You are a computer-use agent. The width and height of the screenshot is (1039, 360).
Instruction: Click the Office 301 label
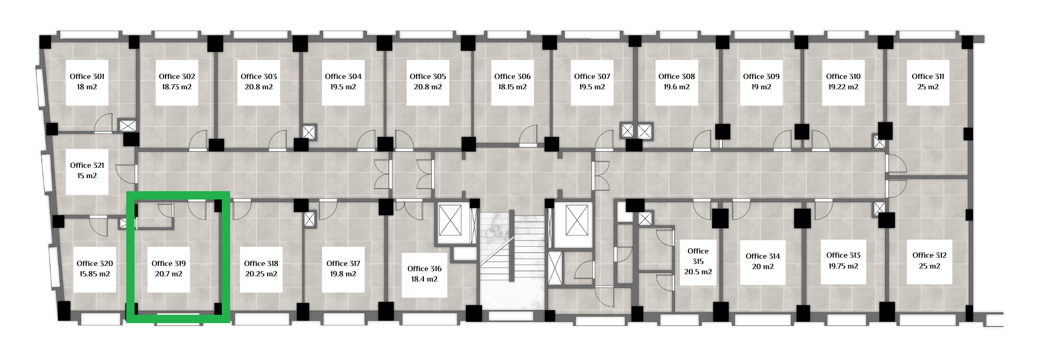(x=87, y=76)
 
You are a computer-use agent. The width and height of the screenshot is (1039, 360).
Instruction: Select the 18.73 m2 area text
(x=177, y=87)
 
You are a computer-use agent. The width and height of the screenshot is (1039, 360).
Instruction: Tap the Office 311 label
(x=928, y=76)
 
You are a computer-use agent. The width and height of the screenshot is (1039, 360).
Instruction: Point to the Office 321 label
(x=87, y=165)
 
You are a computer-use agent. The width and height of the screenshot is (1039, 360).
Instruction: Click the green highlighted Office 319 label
(x=169, y=263)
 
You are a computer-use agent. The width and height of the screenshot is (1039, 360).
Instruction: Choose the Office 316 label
(x=424, y=269)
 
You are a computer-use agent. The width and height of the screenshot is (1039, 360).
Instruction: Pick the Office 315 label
(x=698, y=256)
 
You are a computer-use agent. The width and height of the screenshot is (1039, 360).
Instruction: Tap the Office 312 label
(x=929, y=255)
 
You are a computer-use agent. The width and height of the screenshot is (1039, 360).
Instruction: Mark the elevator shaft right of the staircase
(x=577, y=220)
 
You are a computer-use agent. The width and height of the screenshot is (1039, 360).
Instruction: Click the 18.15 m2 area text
(x=512, y=87)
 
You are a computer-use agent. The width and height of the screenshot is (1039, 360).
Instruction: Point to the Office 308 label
(x=676, y=76)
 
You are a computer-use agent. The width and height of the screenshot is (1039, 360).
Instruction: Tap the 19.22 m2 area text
(x=843, y=87)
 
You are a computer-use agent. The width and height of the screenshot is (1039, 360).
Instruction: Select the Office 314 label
(x=763, y=256)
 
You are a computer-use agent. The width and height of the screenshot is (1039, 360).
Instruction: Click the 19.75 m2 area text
(x=843, y=266)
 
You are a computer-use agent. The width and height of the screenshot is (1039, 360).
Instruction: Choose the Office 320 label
(x=95, y=263)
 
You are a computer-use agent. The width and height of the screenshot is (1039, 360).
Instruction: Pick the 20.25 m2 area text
(x=261, y=274)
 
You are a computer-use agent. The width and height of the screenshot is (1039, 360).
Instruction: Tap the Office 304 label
(x=343, y=76)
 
